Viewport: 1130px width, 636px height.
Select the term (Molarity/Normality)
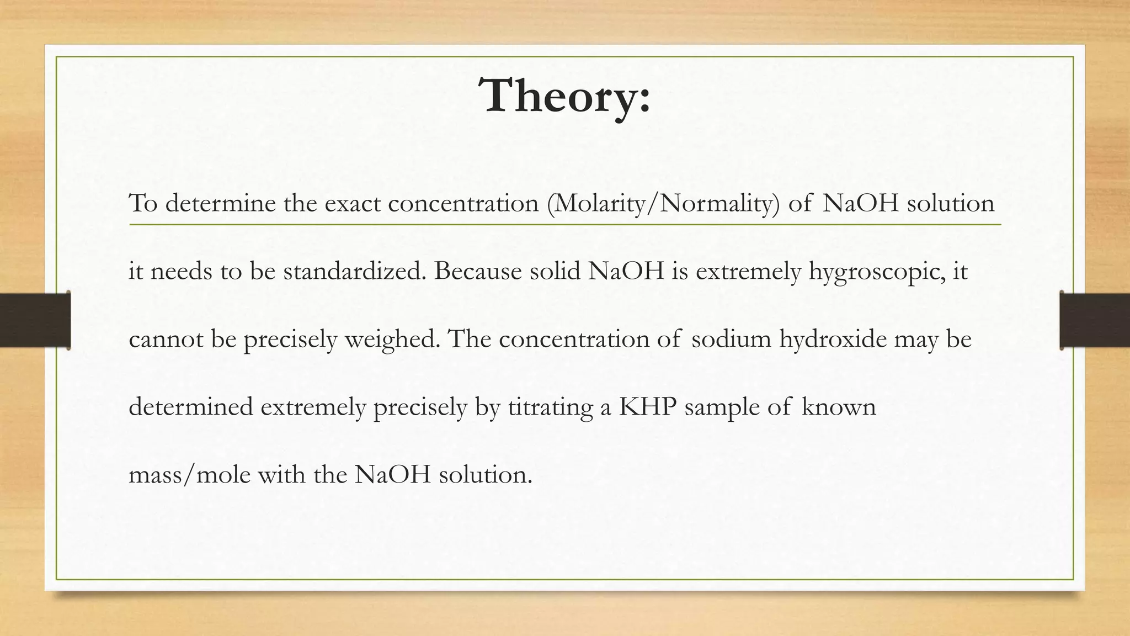(663, 204)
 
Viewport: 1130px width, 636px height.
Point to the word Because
(477, 271)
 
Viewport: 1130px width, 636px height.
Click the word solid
(555, 271)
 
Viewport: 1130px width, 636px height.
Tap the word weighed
(392, 339)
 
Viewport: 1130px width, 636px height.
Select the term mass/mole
(189, 475)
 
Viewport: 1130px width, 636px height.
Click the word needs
(181, 272)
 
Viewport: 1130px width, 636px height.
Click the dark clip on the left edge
(35, 320)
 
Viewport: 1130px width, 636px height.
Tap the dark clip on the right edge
(1095, 320)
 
